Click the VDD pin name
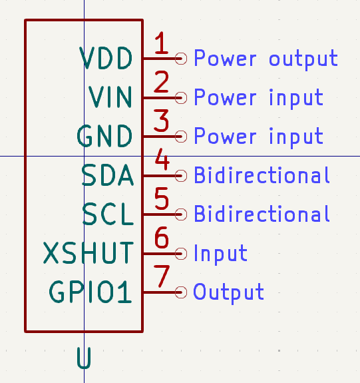pyautogui.click(x=106, y=58)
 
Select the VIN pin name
pyautogui.click(x=110, y=97)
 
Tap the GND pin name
pyautogui.click(x=104, y=136)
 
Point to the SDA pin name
pyautogui.click(x=108, y=175)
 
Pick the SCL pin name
pyautogui.click(x=108, y=214)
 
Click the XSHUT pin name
pyautogui.click(x=89, y=253)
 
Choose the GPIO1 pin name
pyautogui.click(x=90, y=292)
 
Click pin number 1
pyautogui.click(x=161, y=43)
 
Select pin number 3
pyautogui.click(x=161, y=121)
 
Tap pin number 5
pyautogui.click(x=162, y=198)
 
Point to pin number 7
pyautogui.click(x=162, y=276)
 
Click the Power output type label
pyautogui.click(x=266, y=59)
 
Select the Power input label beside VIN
pyautogui.click(x=259, y=98)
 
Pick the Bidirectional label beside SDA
pyautogui.click(x=262, y=175)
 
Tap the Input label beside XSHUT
pyautogui.click(x=221, y=254)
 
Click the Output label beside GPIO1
pyautogui.click(x=228, y=292)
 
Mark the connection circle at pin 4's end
pyautogui.click(x=181, y=176)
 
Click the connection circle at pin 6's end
pyautogui.click(x=181, y=254)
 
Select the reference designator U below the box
pyautogui.click(x=84, y=358)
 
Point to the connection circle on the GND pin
pyautogui.click(x=181, y=137)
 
